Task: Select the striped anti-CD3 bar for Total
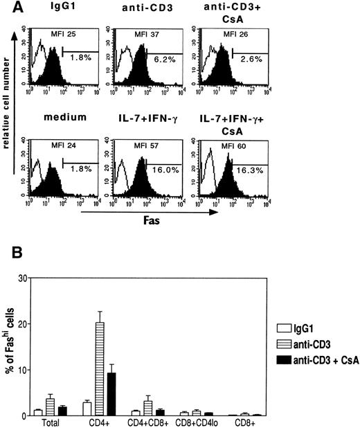[x=50, y=407]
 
